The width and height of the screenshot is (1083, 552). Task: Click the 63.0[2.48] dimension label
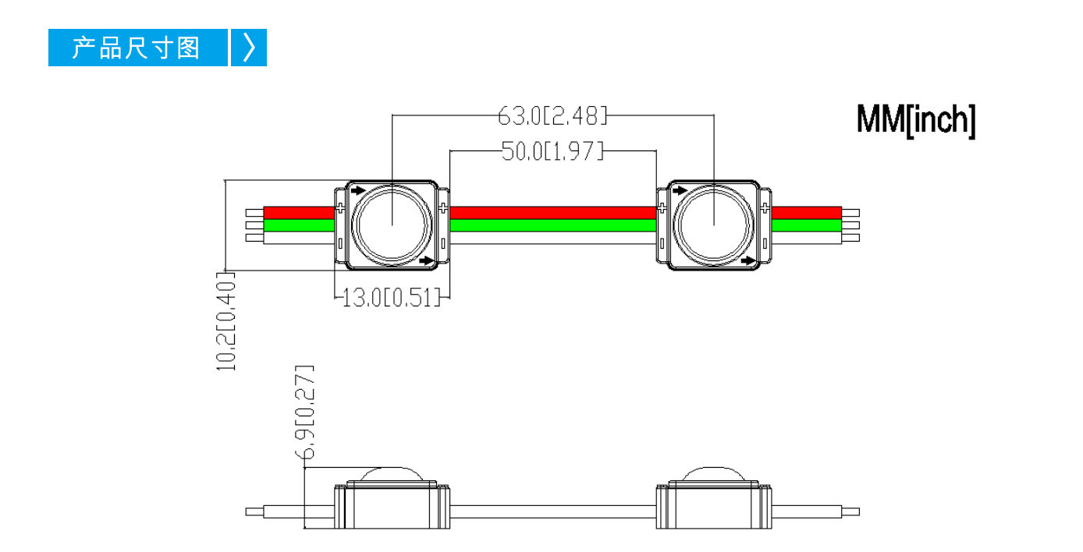(552, 116)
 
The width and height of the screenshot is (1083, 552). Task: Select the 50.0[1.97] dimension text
(552, 151)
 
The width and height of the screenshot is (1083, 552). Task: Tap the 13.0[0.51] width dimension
(392, 298)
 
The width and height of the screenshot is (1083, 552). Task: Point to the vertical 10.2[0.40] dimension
(225, 321)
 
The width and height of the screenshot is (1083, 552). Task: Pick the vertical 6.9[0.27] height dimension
(304, 412)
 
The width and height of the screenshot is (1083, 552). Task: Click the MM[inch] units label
(916, 120)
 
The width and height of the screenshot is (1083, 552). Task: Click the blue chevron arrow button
(249, 48)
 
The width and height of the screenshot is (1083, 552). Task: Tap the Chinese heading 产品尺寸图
(136, 48)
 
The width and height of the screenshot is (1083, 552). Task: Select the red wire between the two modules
(553, 213)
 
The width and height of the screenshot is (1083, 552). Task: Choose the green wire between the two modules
(553, 225)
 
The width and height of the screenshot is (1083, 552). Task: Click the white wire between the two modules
(553, 238)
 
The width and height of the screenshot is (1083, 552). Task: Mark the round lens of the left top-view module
(392, 225)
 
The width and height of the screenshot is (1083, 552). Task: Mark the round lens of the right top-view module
(714, 225)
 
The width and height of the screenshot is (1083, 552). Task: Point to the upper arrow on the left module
(358, 191)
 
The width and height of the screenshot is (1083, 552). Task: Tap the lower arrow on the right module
(748, 260)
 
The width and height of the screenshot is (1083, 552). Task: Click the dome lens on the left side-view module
(392, 474)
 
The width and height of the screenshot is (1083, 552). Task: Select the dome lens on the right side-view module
(714, 474)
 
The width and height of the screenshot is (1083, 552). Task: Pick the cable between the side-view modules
(553, 512)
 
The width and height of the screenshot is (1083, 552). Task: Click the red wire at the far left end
(299, 213)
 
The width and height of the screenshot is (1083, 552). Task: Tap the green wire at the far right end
(807, 225)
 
